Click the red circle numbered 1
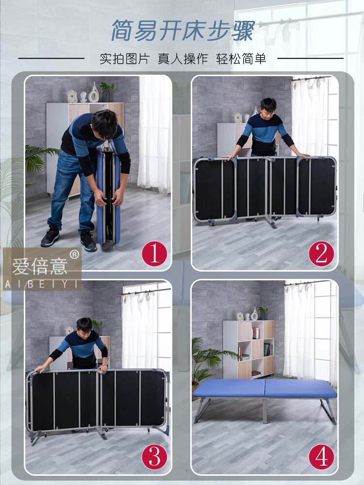[154, 254]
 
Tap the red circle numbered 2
[321, 254]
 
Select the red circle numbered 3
[154, 457]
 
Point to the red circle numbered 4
[321, 457]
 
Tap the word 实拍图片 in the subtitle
[124, 59]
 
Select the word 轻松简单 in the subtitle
[241, 59]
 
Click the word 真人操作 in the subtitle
[182, 59]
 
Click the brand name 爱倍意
[40, 267]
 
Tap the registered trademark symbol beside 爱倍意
[74, 254]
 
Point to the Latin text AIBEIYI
[41, 284]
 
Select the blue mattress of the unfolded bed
[265, 389]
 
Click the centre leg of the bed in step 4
[265, 411]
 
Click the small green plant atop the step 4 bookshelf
[263, 310]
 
